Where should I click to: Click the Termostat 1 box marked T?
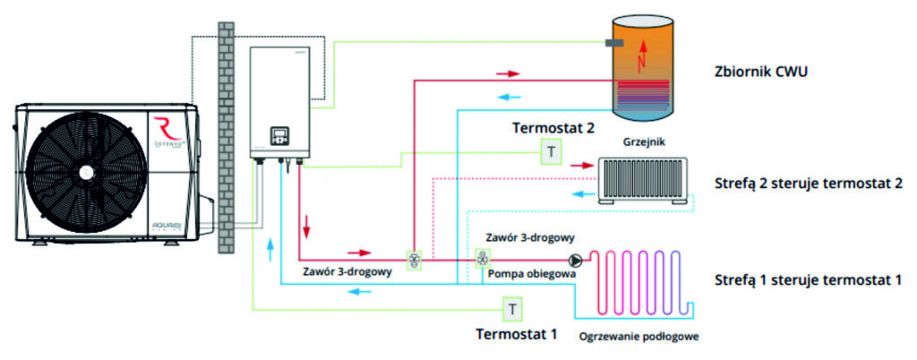pyautogui.click(x=512, y=309)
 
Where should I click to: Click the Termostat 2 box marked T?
pyautogui.click(x=551, y=153)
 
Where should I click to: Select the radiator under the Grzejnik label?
pyautogui.click(x=643, y=181)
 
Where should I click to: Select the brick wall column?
pyautogui.click(x=226, y=137)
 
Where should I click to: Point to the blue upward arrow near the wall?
pyautogui.click(x=270, y=250)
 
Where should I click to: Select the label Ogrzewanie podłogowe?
pyautogui.click(x=639, y=337)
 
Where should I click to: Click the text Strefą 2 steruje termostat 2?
pyautogui.click(x=809, y=184)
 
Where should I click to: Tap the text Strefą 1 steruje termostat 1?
pyautogui.click(x=809, y=280)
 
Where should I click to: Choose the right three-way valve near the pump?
pyautogui.click(x=483, y=257)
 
